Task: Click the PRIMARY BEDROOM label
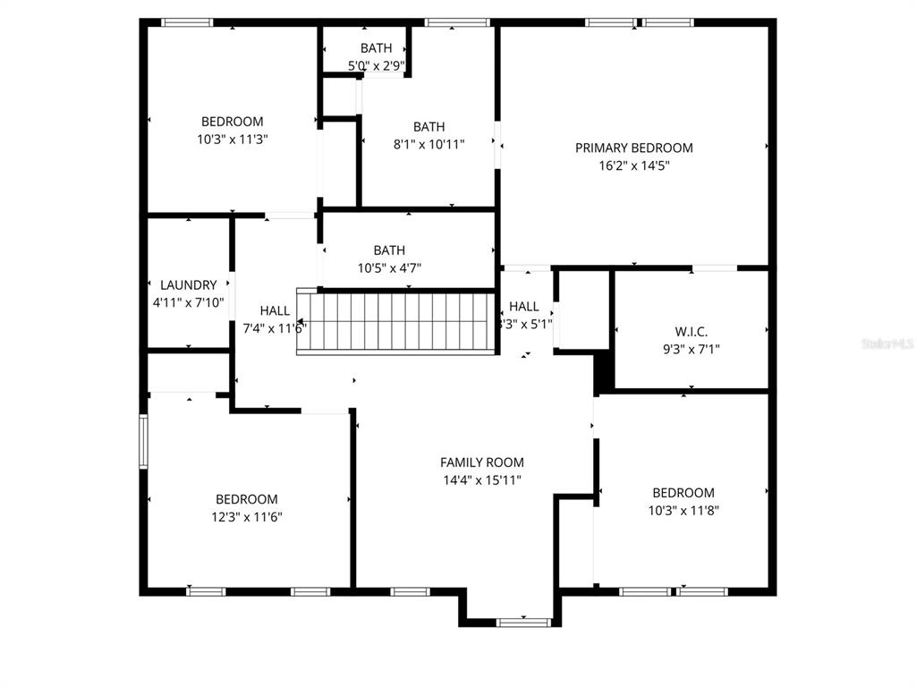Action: tap(633, 148)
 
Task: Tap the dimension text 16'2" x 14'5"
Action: tap(633, 165)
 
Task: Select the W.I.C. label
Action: tap(691, 332)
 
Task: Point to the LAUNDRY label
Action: tap(188, 285)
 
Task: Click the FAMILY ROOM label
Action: tap(481, 462)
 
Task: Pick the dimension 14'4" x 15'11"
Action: tap(481, 480)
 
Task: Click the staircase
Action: tap(397, 321)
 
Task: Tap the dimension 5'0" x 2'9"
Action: tap(376, 64)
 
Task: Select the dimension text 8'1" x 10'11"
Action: tap(428, 144)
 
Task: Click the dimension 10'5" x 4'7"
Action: tap(389, 267)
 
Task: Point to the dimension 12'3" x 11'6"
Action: tap(246, 516)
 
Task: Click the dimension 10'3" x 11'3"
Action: tap(232, 139)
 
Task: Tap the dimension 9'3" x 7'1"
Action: tap(691, 349)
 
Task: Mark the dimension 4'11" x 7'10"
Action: tap(188, 302)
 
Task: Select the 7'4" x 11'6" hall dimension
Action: tap(275, 328)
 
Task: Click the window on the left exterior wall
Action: tap(142, 441)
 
